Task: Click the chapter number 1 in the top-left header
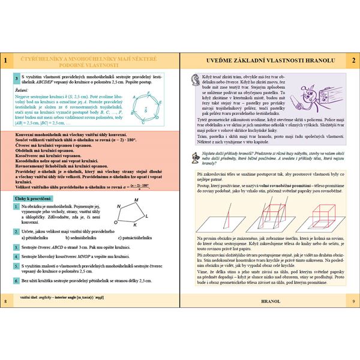5,61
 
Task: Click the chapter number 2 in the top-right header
354,61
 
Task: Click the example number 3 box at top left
16,79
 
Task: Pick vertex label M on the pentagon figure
120,208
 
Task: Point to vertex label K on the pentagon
134,226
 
